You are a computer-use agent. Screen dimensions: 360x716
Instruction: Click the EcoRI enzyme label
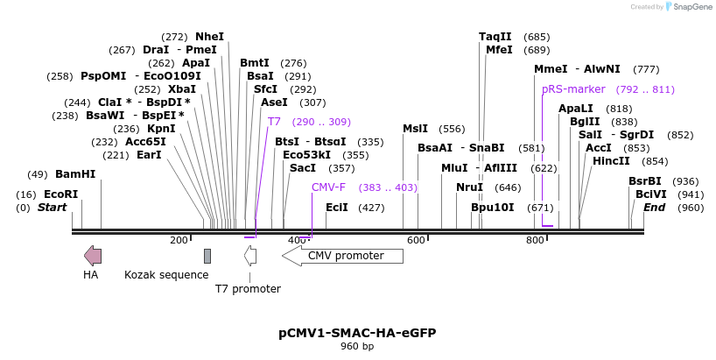(x=61, y=194)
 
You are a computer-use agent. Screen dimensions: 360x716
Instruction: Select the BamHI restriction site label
(x=75, y=174)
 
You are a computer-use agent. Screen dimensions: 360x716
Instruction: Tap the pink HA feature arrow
(x=92, y=256)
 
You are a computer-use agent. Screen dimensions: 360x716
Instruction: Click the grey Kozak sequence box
(x=207, y=256)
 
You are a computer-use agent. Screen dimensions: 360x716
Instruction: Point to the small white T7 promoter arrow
(x=250, y=256)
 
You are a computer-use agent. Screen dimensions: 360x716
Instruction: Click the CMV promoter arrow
(x=342, y=256)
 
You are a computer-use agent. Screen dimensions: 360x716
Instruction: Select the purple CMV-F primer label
(x=328, y=187)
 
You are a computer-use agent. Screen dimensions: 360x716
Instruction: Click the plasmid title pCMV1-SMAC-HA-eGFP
(x=357, y=333)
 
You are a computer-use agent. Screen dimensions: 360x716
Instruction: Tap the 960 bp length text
(x=357, y=347)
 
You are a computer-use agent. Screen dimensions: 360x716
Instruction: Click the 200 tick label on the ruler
(x=179, y=240)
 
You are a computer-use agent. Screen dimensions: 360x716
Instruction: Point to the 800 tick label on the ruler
(x=535, y=240)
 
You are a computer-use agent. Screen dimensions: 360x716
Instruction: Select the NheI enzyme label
(x=210, y=37)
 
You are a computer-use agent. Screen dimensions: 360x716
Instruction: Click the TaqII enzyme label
(x=495, y=37)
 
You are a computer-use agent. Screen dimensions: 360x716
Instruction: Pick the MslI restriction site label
(x=415, y=129)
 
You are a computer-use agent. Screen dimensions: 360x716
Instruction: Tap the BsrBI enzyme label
(x=645, y=181)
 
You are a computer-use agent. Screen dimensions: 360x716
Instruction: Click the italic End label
(x=655, y=208)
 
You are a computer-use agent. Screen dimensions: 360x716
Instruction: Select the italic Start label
(x=53, y=208)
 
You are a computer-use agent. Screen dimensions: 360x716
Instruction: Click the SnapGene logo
(x=691, y=7)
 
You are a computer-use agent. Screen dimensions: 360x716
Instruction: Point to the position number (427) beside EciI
(x=371, y=208)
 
